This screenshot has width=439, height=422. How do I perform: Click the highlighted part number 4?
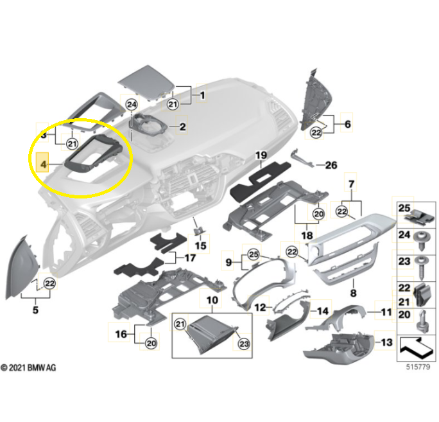click(44, 164)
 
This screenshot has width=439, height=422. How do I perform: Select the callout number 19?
click(261, 155)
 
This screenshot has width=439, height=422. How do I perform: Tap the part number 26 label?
click(331, 165)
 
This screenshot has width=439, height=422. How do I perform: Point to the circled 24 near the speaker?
click(132, 105)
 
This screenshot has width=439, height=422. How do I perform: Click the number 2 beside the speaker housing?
click(182, 127)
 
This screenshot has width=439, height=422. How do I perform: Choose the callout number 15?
click(200, 246)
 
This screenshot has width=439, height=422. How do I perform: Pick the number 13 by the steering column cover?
click(386, 342)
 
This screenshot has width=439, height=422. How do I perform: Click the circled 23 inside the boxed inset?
click(244, 344)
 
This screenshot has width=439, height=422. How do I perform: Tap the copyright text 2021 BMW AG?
click(28, 367)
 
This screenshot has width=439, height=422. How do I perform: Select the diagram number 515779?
click(418, 367)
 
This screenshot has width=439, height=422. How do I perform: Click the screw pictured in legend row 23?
click(421, 268)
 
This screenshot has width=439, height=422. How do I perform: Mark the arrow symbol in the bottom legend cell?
click(417, 349)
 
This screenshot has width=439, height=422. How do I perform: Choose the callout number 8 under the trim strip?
click(354, 293)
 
